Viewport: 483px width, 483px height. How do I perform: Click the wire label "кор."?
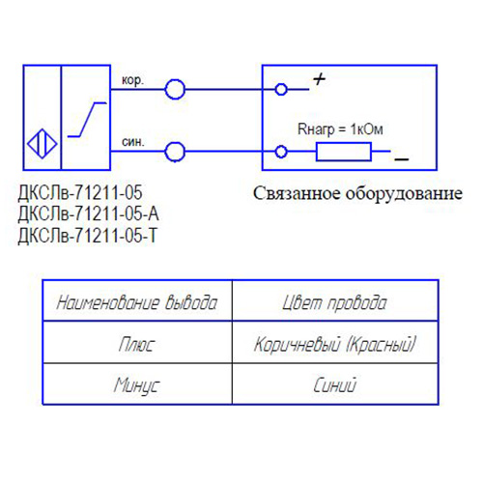(x=132, y=80)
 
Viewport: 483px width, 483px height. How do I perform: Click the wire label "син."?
(x=133, y=142)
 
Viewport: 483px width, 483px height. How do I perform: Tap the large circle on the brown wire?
(x=175, y=80)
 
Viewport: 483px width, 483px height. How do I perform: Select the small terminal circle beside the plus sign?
(x=281, y=84)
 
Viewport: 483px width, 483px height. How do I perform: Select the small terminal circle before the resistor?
(x=281, y=146)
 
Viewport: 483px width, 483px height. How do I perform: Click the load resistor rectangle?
(x=344, y=144)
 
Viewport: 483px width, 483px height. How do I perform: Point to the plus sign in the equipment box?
(x=319, y=79)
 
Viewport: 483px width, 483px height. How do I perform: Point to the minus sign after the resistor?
(x=402, y=159)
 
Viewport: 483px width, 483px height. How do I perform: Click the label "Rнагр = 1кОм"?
(x=340, y=129)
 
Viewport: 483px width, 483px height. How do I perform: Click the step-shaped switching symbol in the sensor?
(x=87, y=120)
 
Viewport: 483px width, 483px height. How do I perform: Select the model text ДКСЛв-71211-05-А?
(x=88, y=213)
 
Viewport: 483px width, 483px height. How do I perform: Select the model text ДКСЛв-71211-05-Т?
(x=87, y=236)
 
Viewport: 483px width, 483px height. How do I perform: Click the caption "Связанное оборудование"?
(x=357, y=193)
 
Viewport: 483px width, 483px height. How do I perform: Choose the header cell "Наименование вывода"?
(x=137, y=302)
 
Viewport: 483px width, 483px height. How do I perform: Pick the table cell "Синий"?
(x=335, y=384)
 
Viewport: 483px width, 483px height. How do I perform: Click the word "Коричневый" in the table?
(x=298, y=344)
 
